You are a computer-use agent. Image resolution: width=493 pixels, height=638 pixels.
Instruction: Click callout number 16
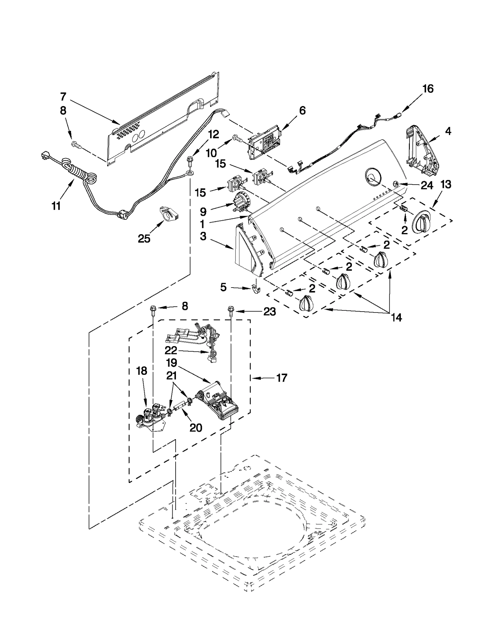(428, 89)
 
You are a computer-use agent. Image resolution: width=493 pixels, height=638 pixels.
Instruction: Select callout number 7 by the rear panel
(63, 96)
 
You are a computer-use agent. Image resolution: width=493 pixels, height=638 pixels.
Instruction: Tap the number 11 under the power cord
(56, 206)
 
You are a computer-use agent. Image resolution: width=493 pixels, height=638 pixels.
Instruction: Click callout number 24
(427, 185)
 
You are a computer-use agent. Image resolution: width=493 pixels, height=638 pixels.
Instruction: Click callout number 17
(282, 378)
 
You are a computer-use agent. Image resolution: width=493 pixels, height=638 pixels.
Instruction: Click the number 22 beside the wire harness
(171, 350)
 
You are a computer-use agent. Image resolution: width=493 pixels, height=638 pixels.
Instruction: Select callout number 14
(397, 317)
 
